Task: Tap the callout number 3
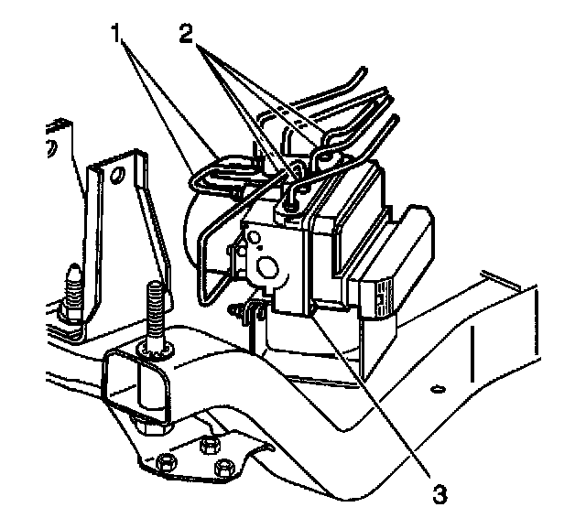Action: [440, 495]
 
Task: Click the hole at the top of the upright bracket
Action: [117, 175]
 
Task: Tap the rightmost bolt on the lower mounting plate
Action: [222, 469]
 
